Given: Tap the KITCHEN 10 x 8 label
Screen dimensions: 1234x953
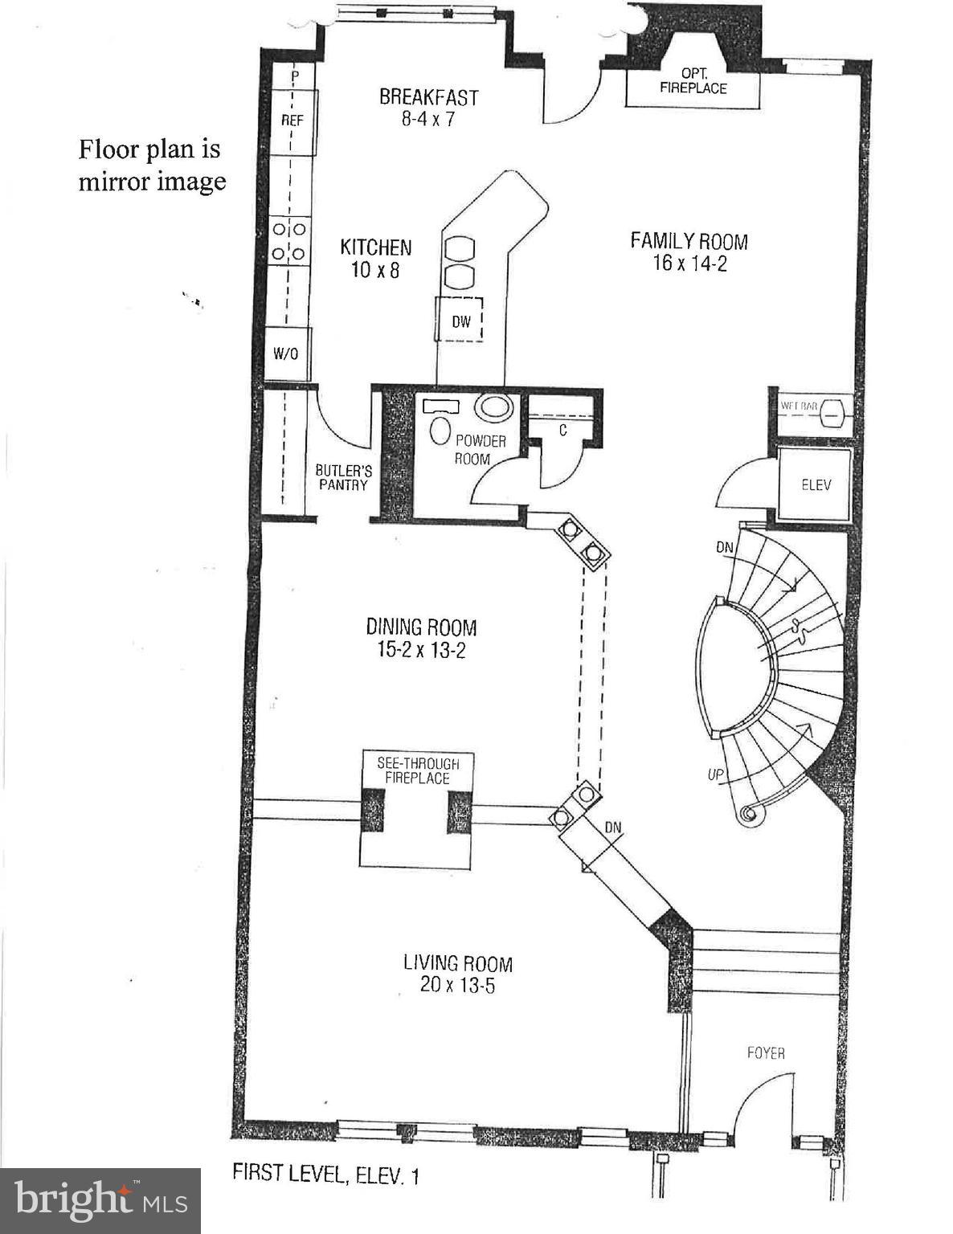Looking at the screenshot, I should click(x=375, y=258).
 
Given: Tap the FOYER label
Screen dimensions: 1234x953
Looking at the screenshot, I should click(x=765, y=1052).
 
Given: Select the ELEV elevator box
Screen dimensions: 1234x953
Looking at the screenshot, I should click(x=816, y=484).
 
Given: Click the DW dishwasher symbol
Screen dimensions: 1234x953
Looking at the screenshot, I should click(x=460, y=321).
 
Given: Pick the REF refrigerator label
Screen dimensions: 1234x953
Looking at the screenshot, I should click(x=292, y=121).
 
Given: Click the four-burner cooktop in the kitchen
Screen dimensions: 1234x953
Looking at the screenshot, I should click(x=289, y=241).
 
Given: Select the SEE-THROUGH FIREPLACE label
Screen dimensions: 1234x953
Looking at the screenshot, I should click(x=417, y=770).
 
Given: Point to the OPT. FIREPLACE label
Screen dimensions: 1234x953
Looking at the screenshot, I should click(x=693, y=81).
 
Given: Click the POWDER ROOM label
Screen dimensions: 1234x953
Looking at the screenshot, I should click(x=480, y=450).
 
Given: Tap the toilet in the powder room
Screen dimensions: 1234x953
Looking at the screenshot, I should click(x=440, y=431).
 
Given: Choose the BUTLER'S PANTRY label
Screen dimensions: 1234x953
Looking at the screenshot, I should click(x=343, y=477).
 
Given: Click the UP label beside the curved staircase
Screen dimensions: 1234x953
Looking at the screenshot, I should click(x=716, y=774).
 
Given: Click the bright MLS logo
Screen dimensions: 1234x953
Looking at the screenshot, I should click(x=100, y=1201).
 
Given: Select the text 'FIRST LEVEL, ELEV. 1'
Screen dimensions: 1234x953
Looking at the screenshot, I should click(x=325, y=1175).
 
